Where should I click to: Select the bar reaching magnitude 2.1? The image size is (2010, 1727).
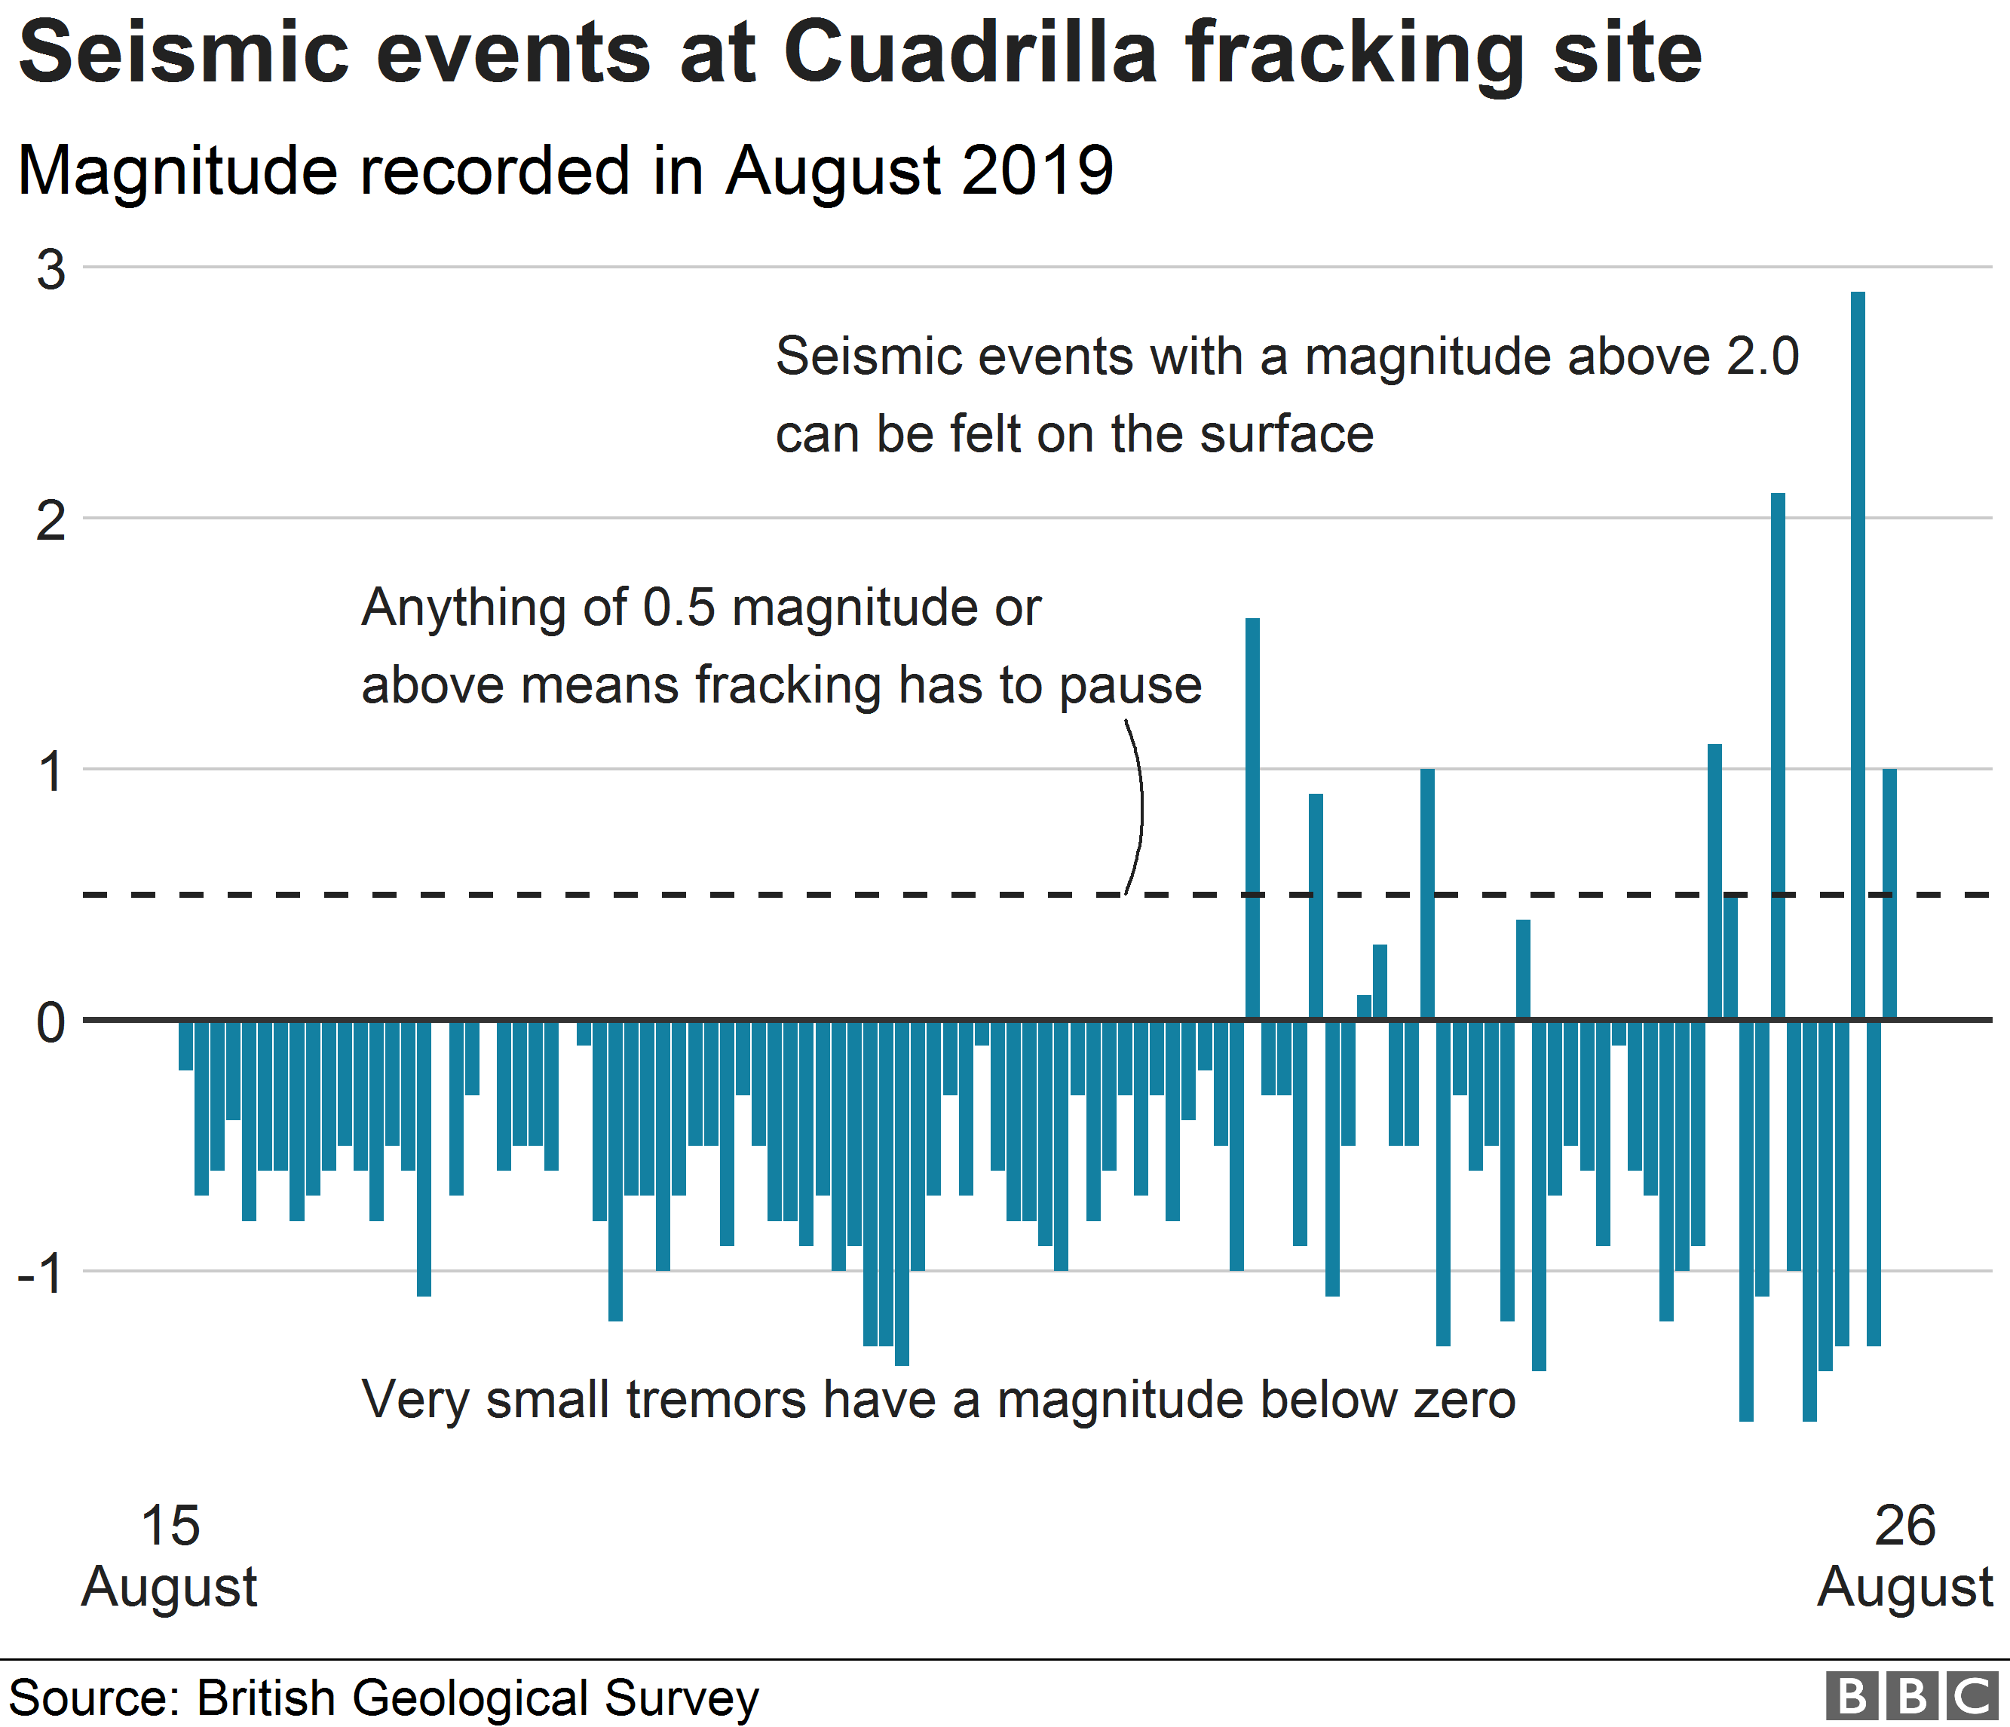[x=1777, y=756]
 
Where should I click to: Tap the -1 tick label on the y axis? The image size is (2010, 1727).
[x=41, y=1273]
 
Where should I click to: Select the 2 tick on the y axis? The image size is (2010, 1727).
[x=51, y=522]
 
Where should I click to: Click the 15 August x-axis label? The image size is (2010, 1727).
[x=170, y=1557]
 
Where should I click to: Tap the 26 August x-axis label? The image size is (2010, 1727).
[x=1904, y=1557]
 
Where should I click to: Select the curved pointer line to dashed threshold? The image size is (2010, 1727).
[x=1139, y=805]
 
